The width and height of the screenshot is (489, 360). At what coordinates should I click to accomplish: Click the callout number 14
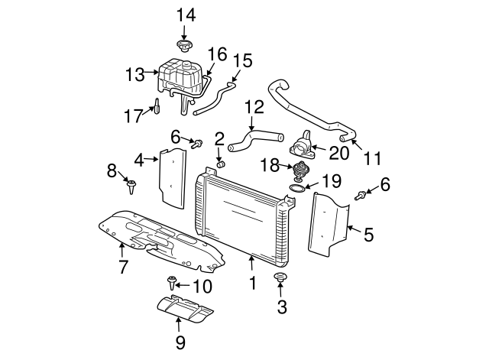[186, 14]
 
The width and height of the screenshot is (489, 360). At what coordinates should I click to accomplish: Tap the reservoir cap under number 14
[183, 47]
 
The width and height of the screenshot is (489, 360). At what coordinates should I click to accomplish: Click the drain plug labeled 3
[280, 277]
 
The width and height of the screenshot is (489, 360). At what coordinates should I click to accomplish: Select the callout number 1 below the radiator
[251, 284]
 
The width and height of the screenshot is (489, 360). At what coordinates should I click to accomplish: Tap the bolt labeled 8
[134, 183]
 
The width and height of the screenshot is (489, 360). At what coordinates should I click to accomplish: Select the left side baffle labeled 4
[173, 177]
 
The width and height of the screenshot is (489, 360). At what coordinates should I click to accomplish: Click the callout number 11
[372, 160]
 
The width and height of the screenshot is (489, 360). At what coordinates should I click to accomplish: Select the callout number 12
[254, 109]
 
